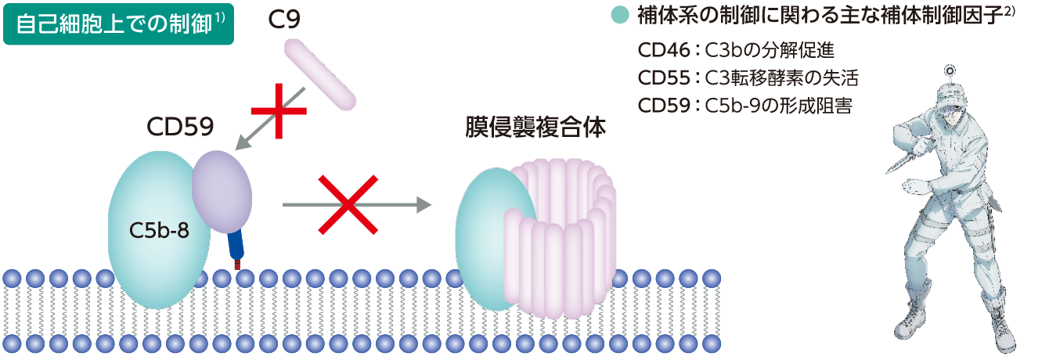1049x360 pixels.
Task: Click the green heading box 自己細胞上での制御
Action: pos(118,24)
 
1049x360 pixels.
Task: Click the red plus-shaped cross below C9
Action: pos(279,110)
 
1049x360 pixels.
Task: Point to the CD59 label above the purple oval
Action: pos(180,128)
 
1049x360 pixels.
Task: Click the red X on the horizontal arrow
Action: pos(348,205)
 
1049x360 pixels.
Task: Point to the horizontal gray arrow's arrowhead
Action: pos(424,205)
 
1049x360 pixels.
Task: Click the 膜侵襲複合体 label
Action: pos(534,128)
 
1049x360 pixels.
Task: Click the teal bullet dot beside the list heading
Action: pos(619,15)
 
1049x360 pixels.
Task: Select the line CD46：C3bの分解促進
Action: pos(736,51)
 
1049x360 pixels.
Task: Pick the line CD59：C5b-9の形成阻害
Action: pos(744,106)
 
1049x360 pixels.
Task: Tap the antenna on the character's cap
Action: pos(950,73)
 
